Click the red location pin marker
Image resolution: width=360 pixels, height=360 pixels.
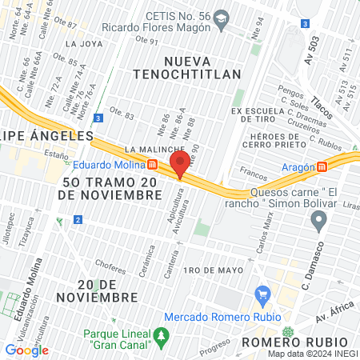(179, 165)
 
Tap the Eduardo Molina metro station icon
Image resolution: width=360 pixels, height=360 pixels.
(152, 165)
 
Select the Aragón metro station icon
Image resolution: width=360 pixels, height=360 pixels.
(322, 166)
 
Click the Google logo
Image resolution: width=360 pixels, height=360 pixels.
(26, 350)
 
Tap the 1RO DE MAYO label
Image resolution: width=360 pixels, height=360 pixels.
(213, 270)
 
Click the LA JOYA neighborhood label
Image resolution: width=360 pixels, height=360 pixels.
(82, 44)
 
